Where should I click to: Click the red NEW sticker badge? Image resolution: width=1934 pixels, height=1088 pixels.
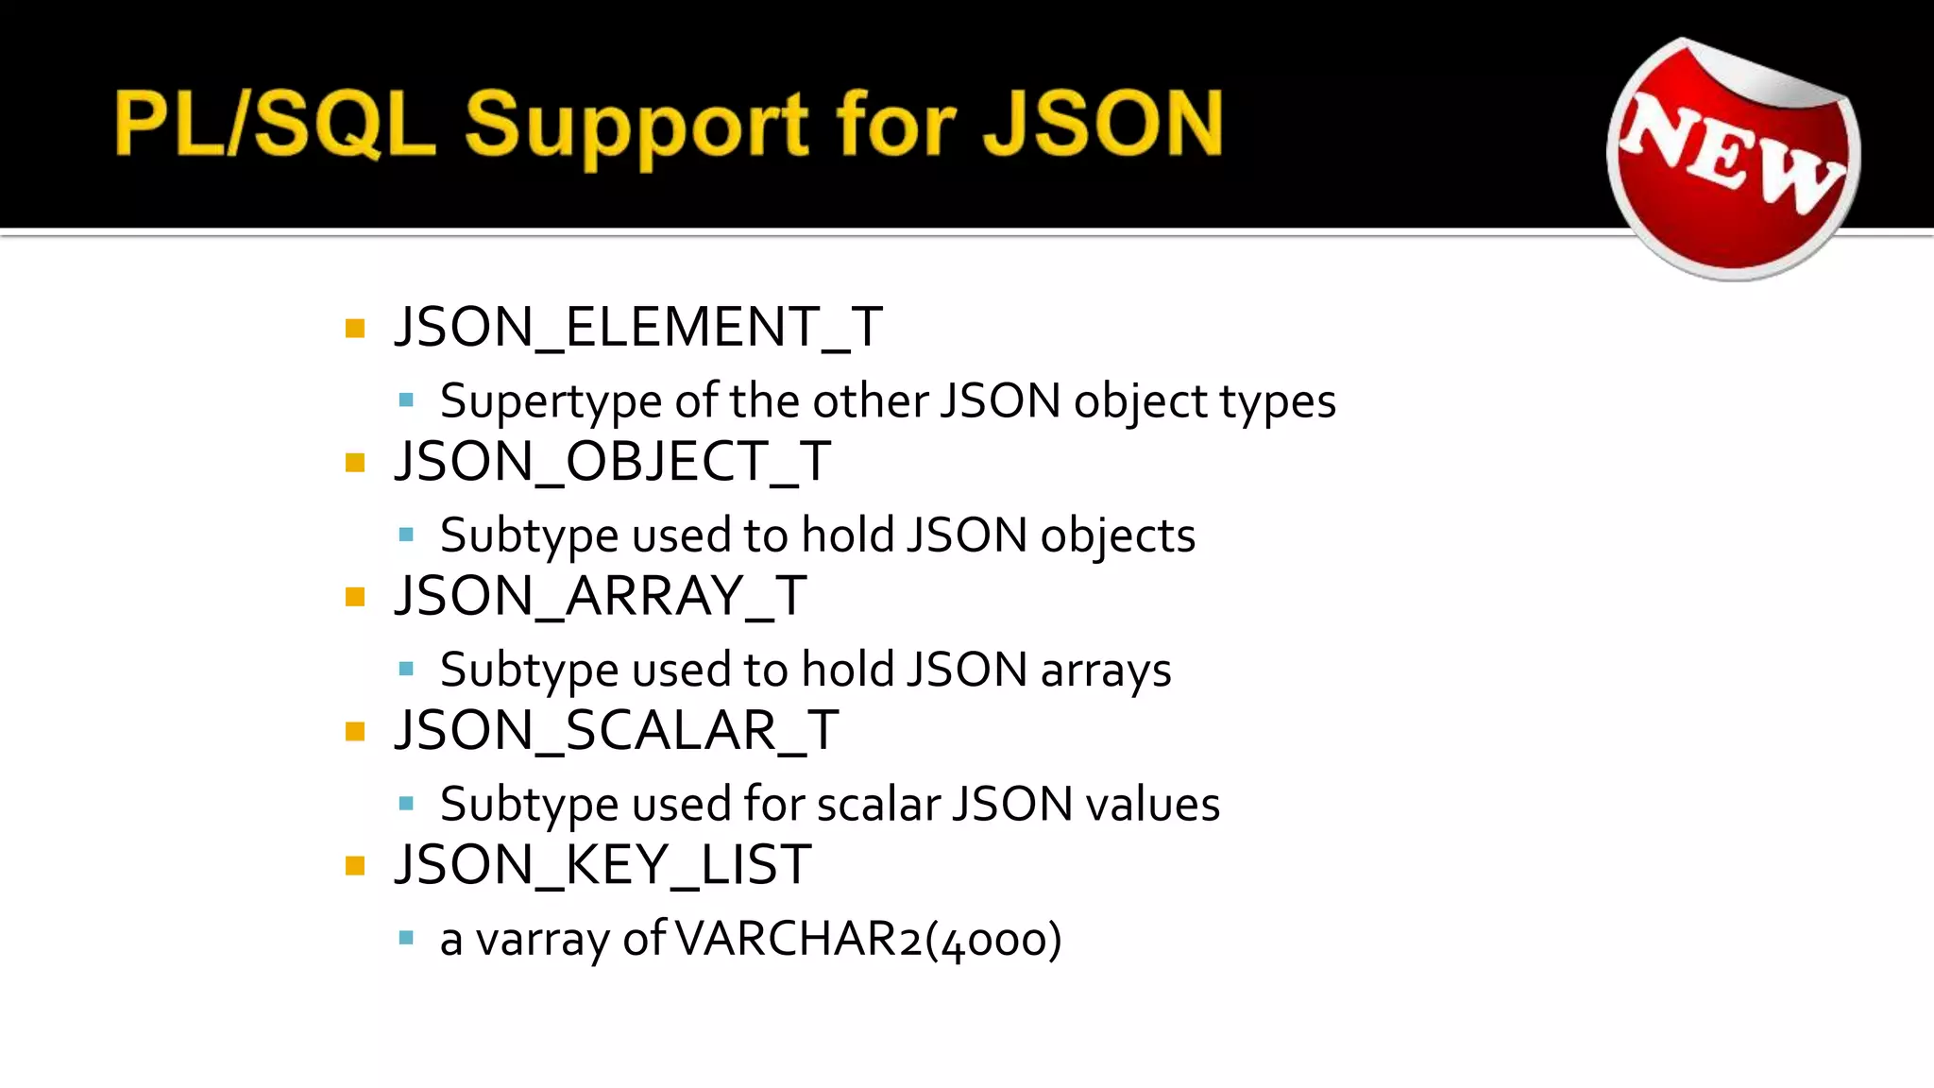coord(1734,159)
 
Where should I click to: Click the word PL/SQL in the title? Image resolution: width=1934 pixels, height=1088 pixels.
coord(275,124)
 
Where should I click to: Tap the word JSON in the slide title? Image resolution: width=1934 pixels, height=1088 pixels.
coord(1102,124)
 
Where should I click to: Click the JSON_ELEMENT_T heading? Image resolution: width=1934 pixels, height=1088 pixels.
coord(638,327)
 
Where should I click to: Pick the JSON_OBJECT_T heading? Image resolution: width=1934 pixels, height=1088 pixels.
coord(613,461)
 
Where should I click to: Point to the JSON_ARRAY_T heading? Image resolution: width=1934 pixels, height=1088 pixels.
coord(601,596)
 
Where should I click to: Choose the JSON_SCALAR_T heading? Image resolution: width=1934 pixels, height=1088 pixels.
coord(617,730)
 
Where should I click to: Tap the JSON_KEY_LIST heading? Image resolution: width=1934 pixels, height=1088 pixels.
coord(602,864)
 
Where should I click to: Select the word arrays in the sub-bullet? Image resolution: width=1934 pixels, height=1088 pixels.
coord(1106,671)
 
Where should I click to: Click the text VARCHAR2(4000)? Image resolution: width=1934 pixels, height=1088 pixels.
coord(869,939)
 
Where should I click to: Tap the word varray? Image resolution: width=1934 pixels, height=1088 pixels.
coord(542,941)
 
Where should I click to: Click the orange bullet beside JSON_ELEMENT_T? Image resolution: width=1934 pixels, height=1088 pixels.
coord(355,329)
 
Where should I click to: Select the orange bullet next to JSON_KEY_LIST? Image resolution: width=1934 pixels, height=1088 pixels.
coord(355,866)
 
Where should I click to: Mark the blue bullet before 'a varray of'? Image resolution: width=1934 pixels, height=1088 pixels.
coord(407,939)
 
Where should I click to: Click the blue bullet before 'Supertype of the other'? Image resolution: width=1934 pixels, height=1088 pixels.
coord(407,400)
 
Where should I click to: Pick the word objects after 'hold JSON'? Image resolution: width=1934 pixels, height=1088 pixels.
coord(1118,536)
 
